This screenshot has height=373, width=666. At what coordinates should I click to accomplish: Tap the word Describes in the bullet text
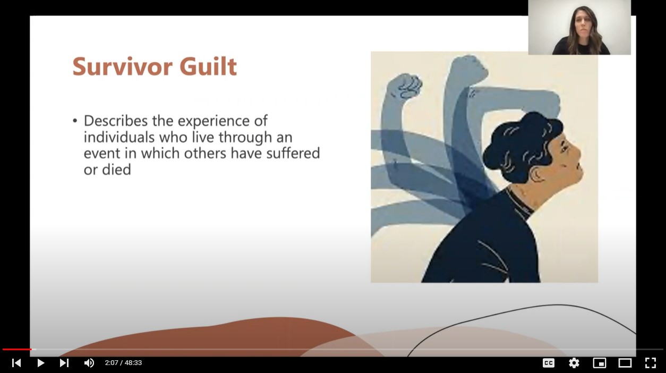point(116,121)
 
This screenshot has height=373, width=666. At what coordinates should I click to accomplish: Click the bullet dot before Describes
point(75,121)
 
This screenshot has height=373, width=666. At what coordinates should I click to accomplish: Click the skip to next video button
point(64,363)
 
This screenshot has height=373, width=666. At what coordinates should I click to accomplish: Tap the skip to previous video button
point(16,363)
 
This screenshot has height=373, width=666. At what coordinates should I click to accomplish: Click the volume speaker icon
point(89,363)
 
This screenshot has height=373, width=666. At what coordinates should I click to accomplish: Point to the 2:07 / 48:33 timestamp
point(123,363)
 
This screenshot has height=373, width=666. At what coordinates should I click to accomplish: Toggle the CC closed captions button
point(549,363)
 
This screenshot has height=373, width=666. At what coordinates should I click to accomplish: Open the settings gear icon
point(574,363)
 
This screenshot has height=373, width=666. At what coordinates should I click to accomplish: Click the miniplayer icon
point(600,363)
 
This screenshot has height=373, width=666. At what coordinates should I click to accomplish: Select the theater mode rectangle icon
point(625,363)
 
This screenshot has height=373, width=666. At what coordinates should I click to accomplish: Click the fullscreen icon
point(651,363)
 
